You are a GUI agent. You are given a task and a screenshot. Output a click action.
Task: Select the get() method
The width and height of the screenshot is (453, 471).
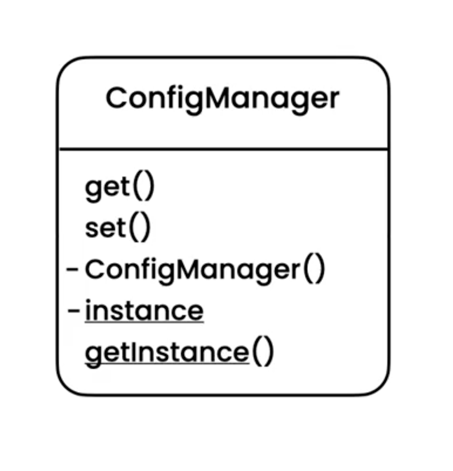tap(119, 188)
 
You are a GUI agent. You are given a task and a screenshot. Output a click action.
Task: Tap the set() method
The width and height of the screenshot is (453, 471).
tap(118, 229)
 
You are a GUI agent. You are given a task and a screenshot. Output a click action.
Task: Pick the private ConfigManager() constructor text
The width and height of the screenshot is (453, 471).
tap(204, 270)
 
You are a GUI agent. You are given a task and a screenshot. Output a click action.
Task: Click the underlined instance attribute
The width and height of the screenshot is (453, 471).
tap(144, 311)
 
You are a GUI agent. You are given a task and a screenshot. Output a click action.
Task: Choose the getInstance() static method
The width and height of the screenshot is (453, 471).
tap(179, 352)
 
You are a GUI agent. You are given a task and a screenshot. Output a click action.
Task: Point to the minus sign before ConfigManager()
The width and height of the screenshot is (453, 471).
tap(72, 269)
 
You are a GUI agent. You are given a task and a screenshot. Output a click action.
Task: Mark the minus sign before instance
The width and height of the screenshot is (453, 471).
tap(72, 311)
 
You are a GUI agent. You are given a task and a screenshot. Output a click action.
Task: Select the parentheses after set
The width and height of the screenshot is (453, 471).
tap(141, 229)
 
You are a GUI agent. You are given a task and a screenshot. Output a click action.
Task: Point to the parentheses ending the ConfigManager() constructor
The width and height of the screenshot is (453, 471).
tap(314, 270)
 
